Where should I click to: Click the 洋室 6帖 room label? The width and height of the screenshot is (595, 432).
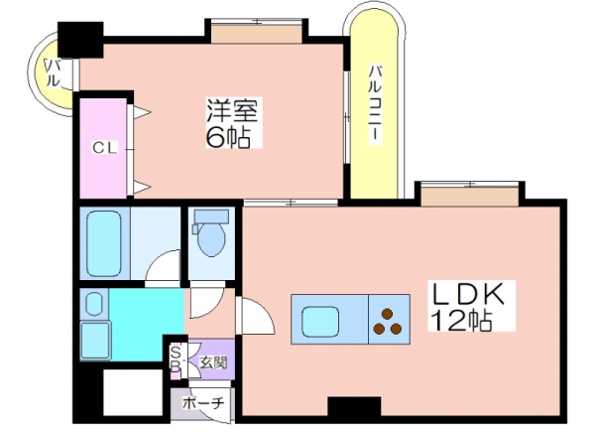click(232, 123)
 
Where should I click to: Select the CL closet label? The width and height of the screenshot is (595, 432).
click(105, 148)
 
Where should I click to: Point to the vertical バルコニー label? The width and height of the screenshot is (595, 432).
click(375, 105)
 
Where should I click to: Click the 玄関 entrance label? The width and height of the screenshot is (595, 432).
click(213, 363)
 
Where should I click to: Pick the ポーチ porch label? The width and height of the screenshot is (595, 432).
click(203, 403)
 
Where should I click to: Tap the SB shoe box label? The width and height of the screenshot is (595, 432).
click(176, 360)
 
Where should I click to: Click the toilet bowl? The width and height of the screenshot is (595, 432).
click(211, 239)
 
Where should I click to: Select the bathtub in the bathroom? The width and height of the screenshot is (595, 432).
click(104, 243)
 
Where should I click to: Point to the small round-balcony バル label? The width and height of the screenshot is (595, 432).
click(53, 72)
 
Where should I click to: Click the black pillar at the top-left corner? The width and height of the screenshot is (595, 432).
click(80, 40)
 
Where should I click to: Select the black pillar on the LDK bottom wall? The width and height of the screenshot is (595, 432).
click(354, 406)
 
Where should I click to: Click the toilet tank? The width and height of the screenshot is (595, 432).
click(211, 216)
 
